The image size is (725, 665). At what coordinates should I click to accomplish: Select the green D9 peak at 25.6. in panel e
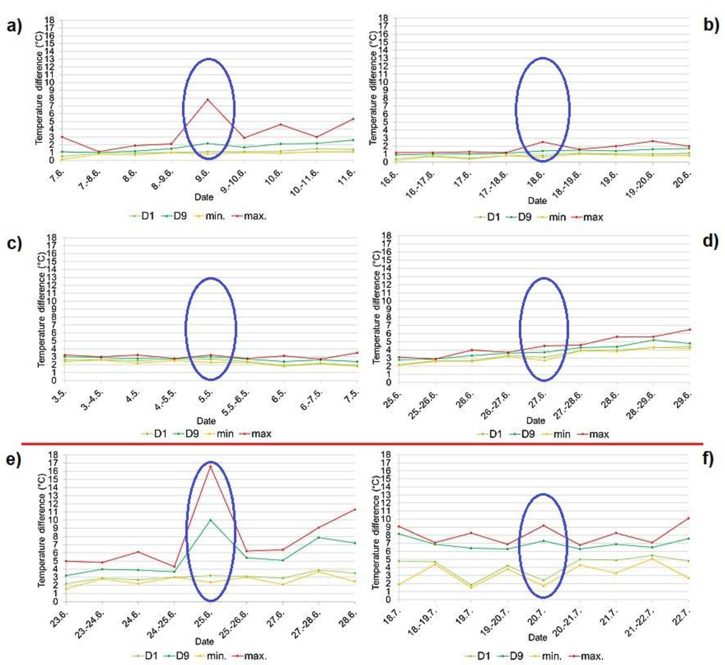[x=210, y=520]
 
